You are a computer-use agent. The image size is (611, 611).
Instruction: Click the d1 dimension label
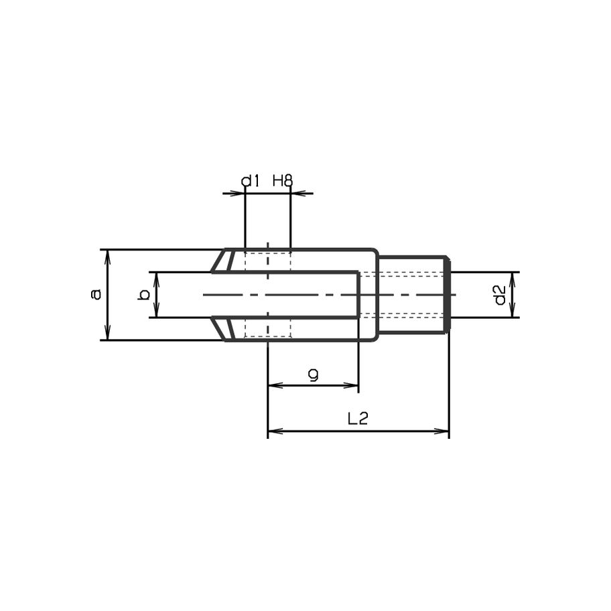(250, 181)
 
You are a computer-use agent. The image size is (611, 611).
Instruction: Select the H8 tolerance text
(283, 181)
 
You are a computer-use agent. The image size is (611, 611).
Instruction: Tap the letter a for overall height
(96, 293)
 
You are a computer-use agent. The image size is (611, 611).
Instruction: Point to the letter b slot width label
(142, 295)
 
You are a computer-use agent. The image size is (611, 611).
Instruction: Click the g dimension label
(313, 376)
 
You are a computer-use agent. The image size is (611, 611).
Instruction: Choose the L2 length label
(358, 419)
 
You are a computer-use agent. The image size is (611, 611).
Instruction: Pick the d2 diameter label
(499, 295)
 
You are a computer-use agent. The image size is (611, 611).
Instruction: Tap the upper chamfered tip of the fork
(222, 261)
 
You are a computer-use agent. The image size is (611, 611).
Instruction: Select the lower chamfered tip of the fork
(222, 328)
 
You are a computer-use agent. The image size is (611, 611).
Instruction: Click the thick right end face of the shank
(448, 295)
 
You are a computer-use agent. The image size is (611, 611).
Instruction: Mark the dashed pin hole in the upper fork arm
(268, 261)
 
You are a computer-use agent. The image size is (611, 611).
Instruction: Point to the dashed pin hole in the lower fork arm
(268, 328)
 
